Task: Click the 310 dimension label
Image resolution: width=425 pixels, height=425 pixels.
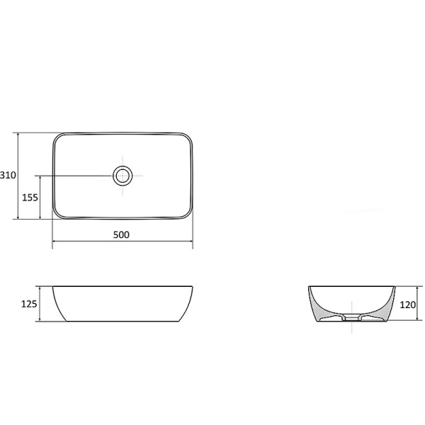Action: pyautogui.click(x=8, y=175)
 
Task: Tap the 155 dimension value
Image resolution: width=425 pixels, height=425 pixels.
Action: pyautogui.click(x=30, y=198)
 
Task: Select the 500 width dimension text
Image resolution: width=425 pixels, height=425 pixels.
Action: pyautogui.click(x=121, y=234)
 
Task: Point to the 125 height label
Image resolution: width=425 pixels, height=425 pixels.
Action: pyautogui.click(x=29, y=304)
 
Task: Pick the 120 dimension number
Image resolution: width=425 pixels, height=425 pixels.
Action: pyautogui.click(x=408, y=305)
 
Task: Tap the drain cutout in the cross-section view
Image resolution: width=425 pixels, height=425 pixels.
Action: pyautogui.click(x=351, y=317)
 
